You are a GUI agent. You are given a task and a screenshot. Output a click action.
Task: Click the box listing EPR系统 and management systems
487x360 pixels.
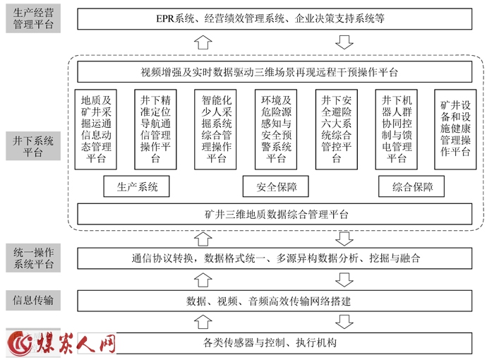tap(275, 19)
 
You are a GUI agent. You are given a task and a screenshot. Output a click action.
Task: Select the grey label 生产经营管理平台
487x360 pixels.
tap(33, 18)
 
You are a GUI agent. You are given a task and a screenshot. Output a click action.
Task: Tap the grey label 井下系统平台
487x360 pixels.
tap(33, 146)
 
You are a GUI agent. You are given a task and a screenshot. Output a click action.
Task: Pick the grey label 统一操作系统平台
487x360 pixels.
tap(33, 258)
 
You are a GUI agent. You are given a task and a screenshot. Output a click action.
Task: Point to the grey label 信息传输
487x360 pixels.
tap(33, 301)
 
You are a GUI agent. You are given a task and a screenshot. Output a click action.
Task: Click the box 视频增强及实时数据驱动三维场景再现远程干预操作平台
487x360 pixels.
tap(275, 72)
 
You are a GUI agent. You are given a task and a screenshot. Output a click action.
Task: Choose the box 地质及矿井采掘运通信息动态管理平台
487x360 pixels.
tap(96, 129)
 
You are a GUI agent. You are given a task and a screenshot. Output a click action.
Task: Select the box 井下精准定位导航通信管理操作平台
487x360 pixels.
tap(155, 129)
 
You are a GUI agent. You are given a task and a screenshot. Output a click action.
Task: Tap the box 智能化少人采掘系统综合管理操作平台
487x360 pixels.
tap(215, 129)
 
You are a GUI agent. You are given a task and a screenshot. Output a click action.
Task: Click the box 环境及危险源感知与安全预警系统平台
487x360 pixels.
tap(276, 129)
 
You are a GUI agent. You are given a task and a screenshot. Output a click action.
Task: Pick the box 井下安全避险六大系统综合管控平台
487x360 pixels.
tap(337, 129)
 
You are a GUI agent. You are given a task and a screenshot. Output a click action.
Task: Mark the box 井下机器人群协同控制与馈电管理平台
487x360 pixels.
tap(397, 129)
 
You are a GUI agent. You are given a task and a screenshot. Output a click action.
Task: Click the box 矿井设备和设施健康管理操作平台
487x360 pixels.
tap(455, 129)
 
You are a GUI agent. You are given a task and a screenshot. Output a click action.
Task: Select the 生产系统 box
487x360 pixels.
tap(137, 186)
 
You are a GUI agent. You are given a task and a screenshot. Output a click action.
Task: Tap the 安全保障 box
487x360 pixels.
tap(276, 186)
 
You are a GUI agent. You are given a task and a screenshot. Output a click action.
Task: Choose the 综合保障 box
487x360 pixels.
tap(411, 186)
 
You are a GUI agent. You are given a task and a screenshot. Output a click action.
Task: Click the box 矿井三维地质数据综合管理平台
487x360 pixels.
tap(275, 214)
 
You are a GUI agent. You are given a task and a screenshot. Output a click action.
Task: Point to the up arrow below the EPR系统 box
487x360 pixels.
tap(203, 42)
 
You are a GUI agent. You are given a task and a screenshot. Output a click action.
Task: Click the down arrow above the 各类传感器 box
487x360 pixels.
tap(344, 322)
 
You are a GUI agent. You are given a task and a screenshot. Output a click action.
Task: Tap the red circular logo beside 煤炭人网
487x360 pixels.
tap(19, 343)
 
